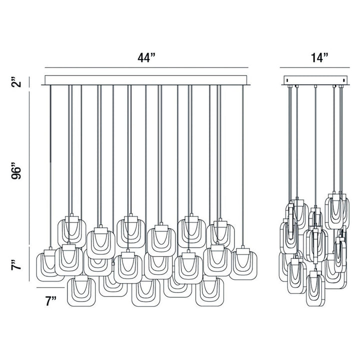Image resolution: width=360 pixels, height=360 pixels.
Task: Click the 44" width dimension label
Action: (x=146, y=57)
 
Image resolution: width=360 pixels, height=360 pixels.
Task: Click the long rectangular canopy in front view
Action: (x=146, y=80)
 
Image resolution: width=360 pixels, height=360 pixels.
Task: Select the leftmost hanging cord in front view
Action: (x=50, y=165)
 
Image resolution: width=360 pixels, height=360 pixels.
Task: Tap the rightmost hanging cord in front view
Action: (x=243, y=165)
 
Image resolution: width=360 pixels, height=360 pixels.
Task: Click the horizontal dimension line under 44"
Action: (x=146, y=67)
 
